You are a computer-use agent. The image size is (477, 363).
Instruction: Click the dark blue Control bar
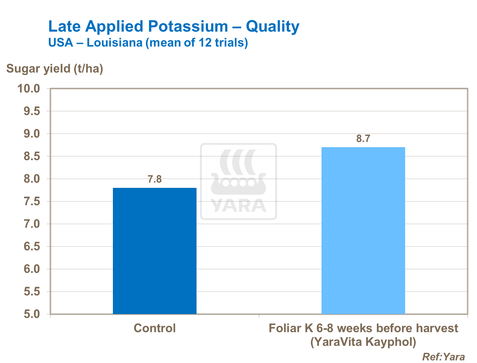(155, 251)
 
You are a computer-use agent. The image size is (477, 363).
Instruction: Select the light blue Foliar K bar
(363, 230)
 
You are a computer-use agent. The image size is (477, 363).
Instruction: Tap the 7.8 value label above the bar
(155, 180)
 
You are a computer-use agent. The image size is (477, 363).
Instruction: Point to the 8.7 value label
(363, 139)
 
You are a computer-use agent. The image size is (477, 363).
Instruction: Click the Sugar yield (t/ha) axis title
(55, 69)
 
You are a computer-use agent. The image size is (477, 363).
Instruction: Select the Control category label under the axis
(155, 328)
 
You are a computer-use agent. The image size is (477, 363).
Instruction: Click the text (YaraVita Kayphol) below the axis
(363, 342)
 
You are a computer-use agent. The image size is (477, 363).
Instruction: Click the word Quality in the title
(273, 26)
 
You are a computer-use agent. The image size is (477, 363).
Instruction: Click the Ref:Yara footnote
(443, 357)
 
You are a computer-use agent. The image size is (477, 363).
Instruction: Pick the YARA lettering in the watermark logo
(238, 205)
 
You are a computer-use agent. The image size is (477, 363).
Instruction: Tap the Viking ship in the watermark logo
(238, 183)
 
